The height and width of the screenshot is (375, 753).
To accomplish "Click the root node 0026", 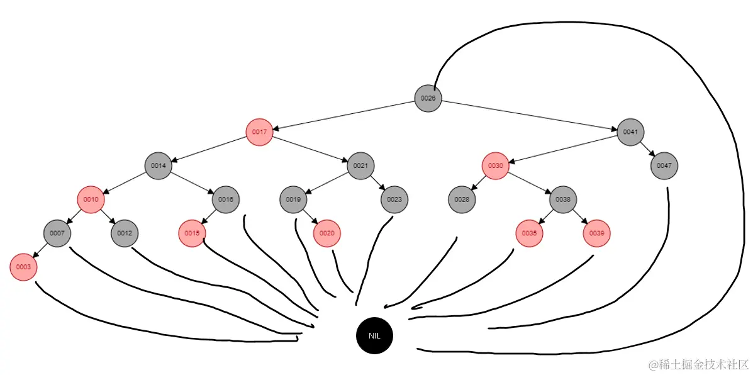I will click(x=428, y=98).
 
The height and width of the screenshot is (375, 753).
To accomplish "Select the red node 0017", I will click(x=259, y=132).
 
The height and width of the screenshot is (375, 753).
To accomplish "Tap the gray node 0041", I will click(x=630, y=132).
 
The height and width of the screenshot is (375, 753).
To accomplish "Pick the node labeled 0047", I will click(x=664, y=166).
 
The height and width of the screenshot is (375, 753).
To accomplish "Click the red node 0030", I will click(x=495, y=166).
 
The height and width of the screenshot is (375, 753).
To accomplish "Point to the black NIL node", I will click(x=374, y=335).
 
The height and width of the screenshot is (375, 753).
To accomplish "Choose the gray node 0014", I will click(x=158, y=166).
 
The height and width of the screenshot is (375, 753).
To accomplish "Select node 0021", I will click(x=360, y=166).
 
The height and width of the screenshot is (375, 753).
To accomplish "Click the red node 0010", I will click(x=91, y=199).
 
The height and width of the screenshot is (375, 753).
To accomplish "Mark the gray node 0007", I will click(x=57, y=233).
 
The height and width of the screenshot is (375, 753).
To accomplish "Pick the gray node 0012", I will click(x=125, y=233).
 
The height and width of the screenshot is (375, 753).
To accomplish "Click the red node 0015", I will click(x=192, y=233).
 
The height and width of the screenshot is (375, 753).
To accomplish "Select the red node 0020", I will click(x=326, y=233).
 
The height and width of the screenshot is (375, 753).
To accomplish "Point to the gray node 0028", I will click(x=462, y=199).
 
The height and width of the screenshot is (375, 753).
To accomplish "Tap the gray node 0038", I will click(x=563, y=199).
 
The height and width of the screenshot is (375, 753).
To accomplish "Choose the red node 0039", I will click(x=597, y=233).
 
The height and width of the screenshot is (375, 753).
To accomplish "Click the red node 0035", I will click(x=529, y=233).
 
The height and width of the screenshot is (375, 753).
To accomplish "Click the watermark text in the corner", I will click(x=698, y=364).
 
